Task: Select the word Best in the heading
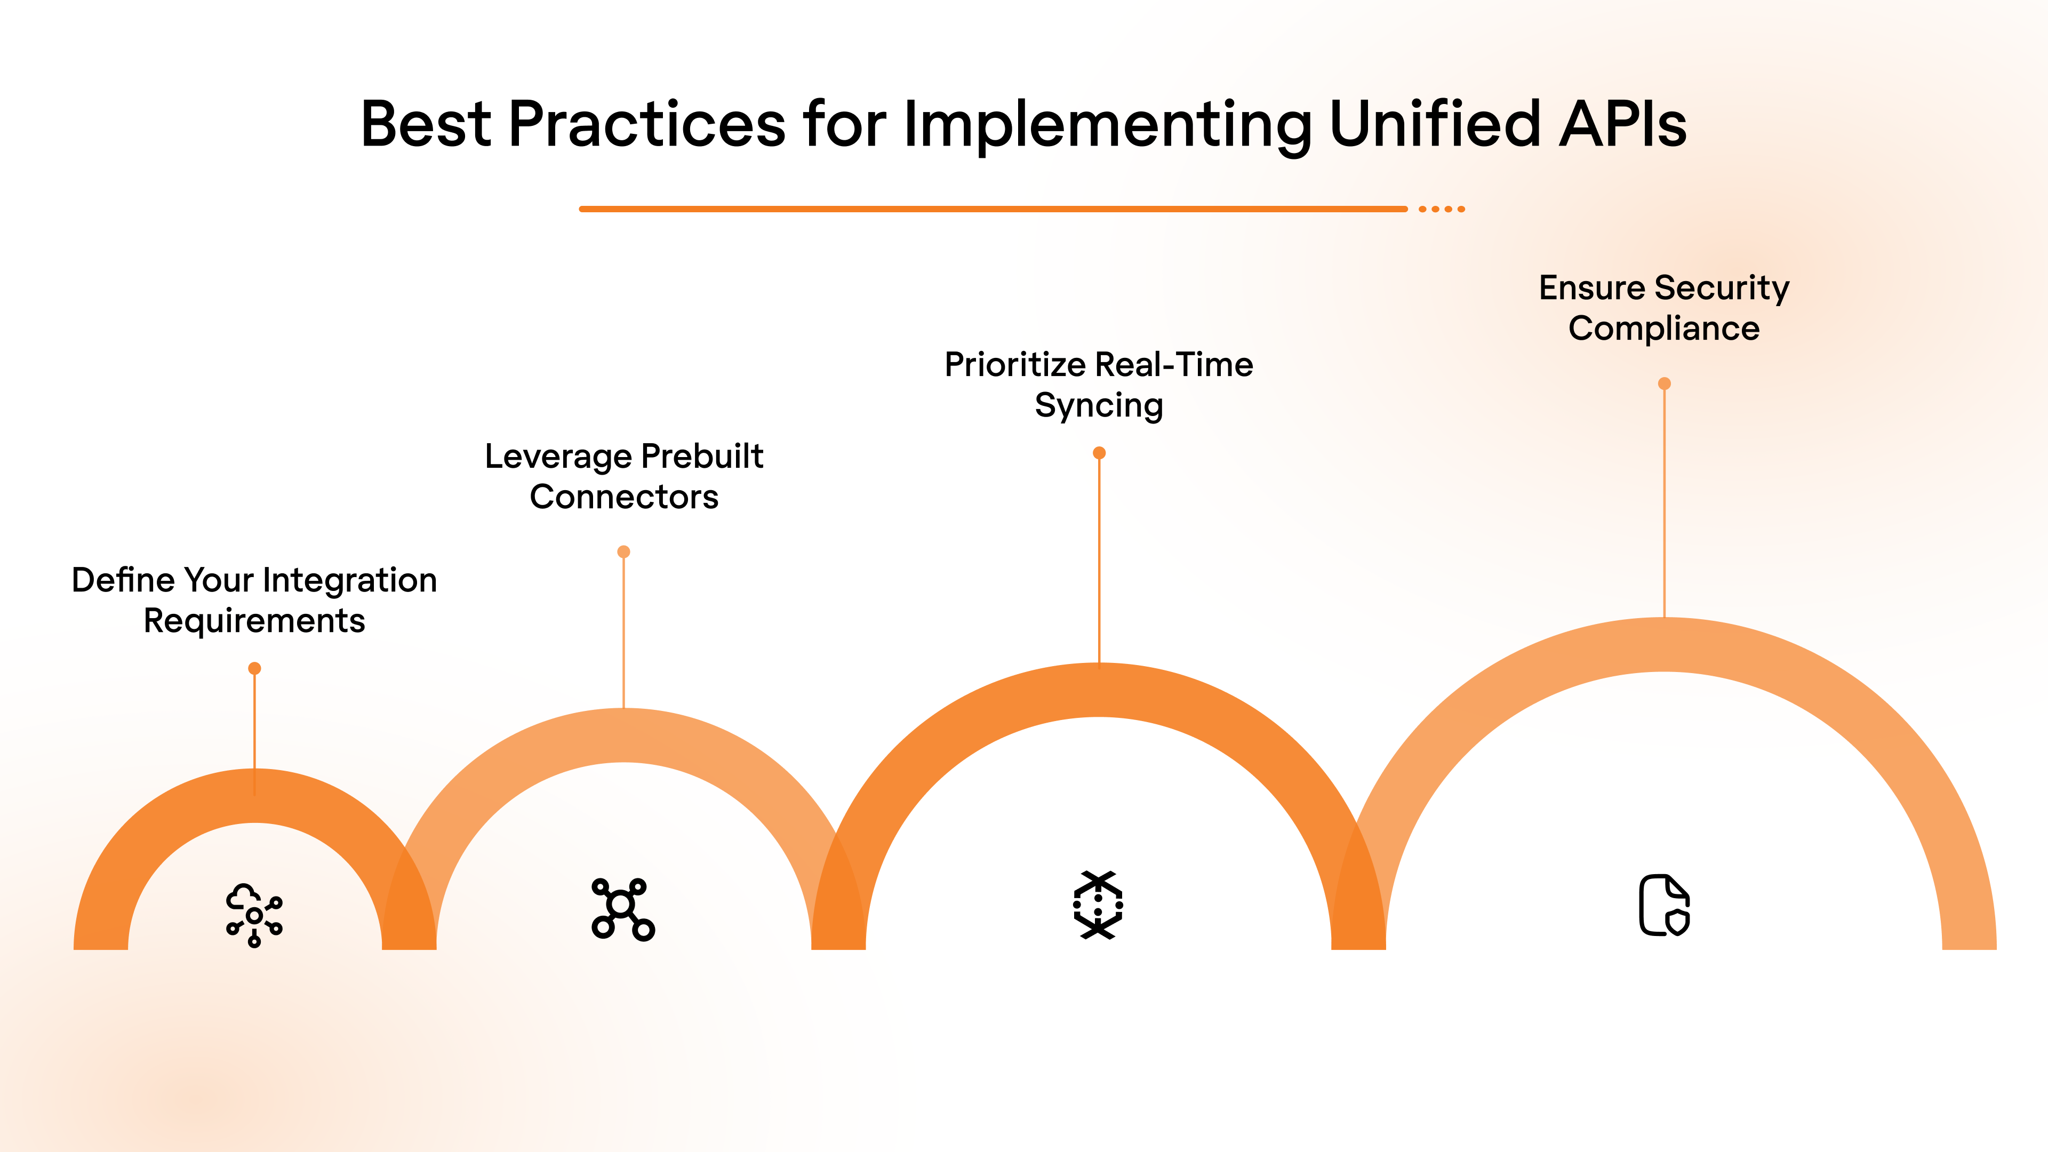pos(426,124)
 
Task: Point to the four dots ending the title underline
pos(1442,209)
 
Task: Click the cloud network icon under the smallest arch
pos(254,914)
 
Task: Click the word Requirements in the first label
pos(254,621)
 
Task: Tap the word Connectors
pos(624,498)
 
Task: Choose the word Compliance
pos(1664,329)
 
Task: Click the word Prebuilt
pos(702,457)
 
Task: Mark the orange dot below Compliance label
pos(1664,384)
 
